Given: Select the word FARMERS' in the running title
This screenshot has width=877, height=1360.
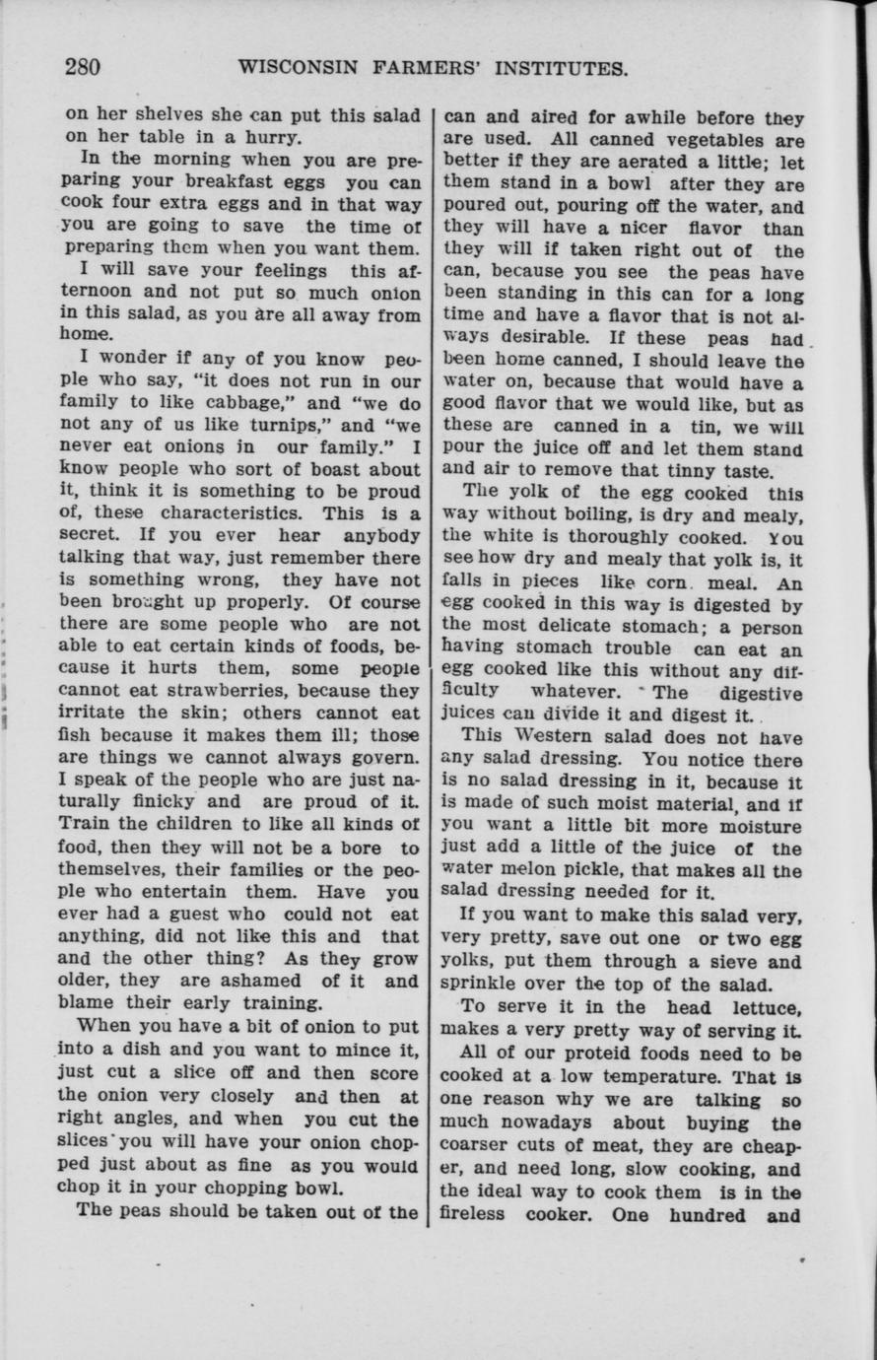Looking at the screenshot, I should pyautogui.click(x=426, y=69).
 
